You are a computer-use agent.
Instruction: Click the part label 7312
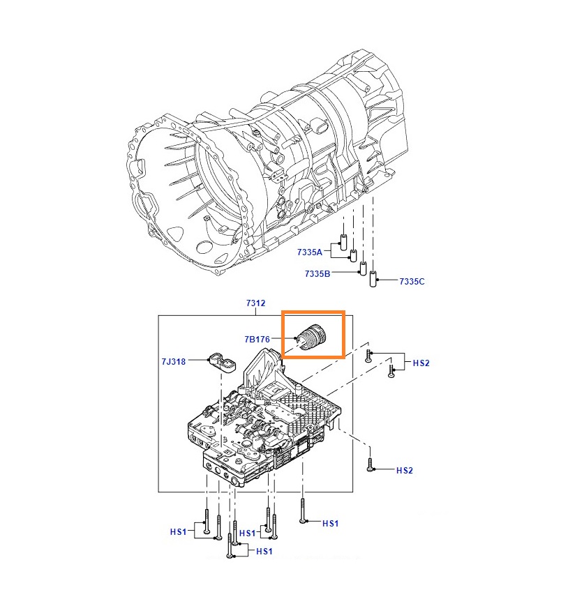255,303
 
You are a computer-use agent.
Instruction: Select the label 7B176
257,340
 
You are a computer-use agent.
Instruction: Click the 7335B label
317,274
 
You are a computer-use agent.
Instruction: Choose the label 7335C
412,281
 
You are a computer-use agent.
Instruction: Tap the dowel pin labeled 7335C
374,279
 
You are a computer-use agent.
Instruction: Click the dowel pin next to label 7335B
363,268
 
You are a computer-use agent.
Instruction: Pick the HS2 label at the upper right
421,363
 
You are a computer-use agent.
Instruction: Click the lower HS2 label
405,471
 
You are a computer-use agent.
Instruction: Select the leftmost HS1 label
179,531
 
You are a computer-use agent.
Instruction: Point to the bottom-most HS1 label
264,551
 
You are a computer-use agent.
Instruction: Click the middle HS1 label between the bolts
248,533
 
